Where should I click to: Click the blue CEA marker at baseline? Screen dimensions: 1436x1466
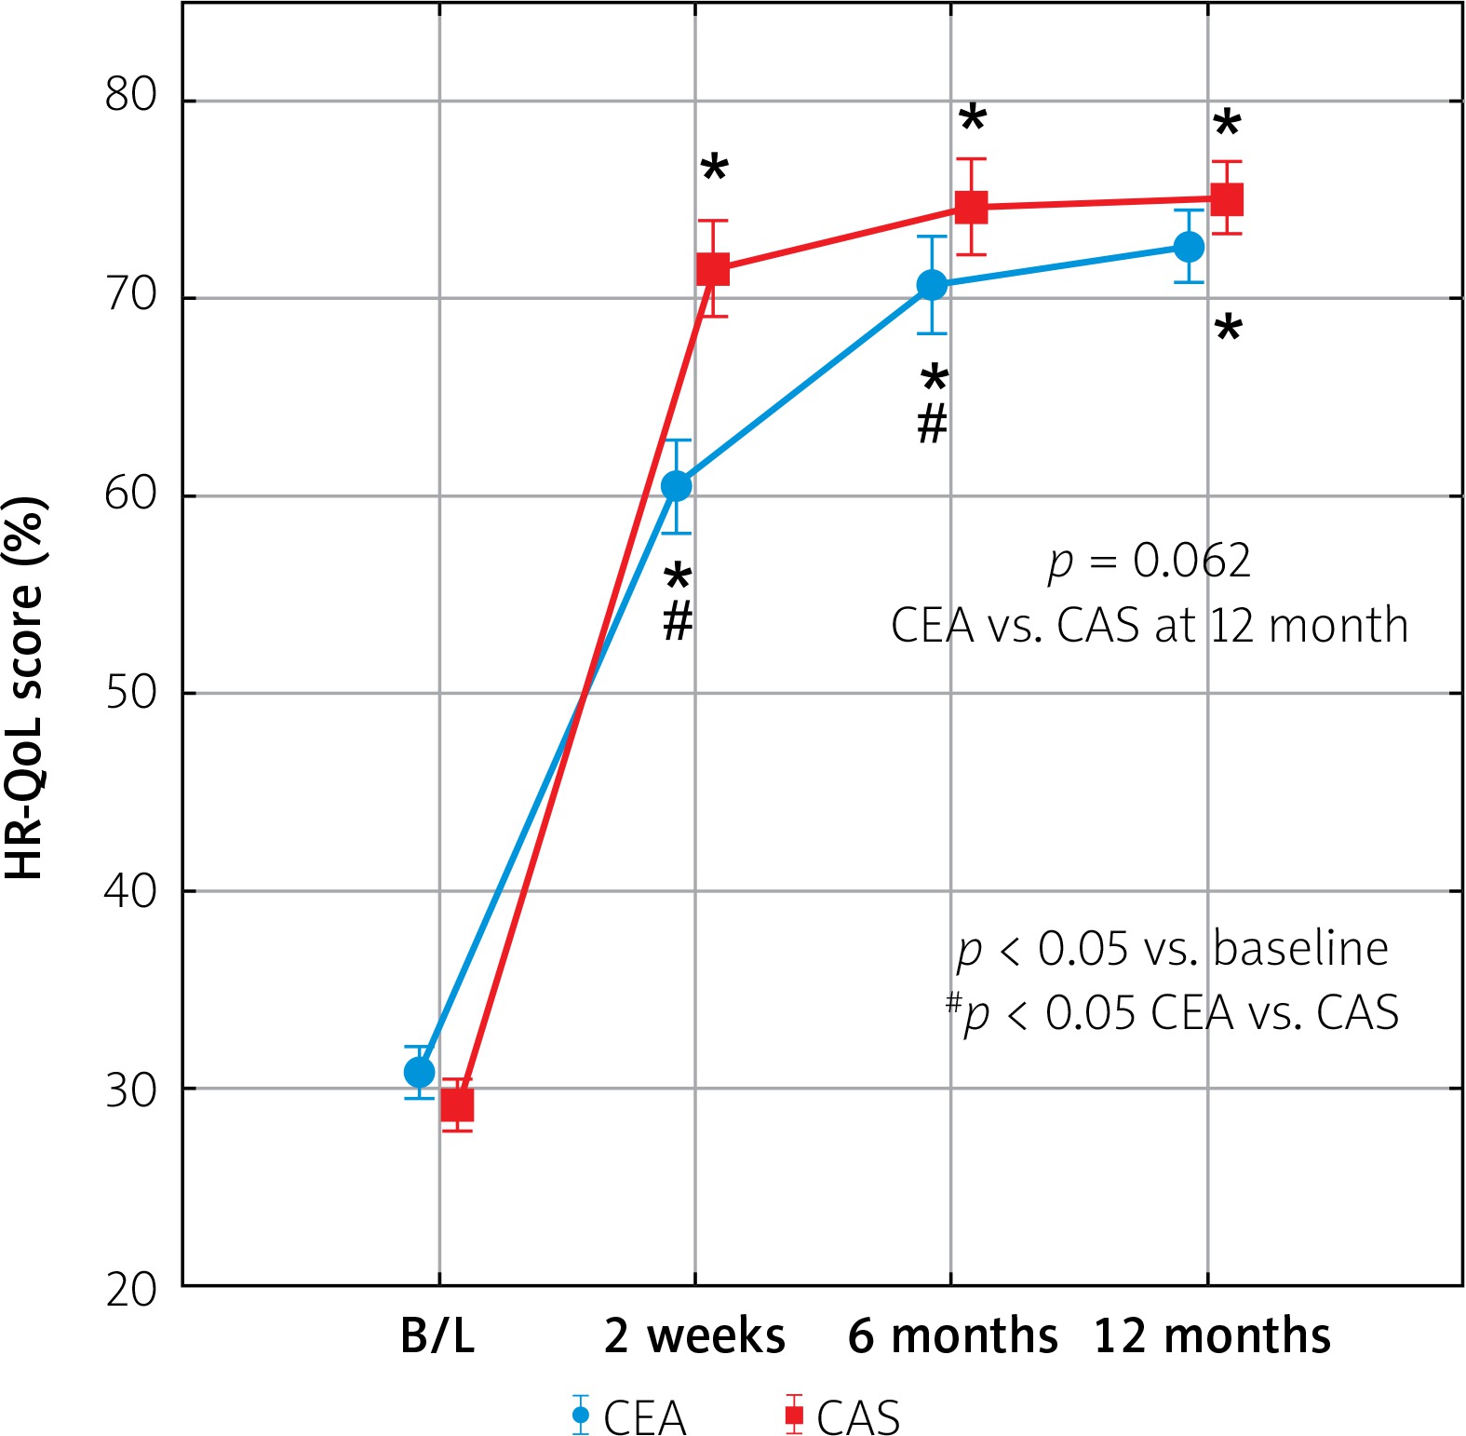(x=420, y=1072)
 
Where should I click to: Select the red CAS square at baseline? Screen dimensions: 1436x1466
(x=457, y=1104)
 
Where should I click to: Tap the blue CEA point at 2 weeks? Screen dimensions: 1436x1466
(x=677, y=486)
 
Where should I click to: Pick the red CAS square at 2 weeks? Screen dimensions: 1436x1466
(x=713, y=270)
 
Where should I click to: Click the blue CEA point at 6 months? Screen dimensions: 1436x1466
(x=933, y=285)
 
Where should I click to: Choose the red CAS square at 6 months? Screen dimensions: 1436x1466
(x=972, y=207)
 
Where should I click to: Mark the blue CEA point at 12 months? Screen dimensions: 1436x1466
(x=1189, y=247)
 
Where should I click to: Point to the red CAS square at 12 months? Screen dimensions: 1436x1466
(x=1227, y=199)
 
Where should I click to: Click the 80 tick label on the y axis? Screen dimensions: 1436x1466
(x=131, y=95)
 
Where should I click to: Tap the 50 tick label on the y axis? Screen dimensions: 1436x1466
(x=131, y=692)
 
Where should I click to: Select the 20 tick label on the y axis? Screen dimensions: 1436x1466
(x=131, y=1290)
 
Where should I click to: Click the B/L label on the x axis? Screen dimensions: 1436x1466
(x=437, y=1336)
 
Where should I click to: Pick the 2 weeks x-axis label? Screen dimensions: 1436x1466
(x=694, y=1336)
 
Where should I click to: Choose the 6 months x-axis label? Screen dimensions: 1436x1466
(x=952, y=1336)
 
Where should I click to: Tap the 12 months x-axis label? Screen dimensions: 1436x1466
(x=1212, y=1336)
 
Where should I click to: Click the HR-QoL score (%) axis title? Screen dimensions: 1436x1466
(x=26, y=689)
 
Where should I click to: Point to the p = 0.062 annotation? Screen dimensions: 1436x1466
(x=1150, y=562)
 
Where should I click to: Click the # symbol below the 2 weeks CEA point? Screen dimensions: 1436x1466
(x=678, y=620)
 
